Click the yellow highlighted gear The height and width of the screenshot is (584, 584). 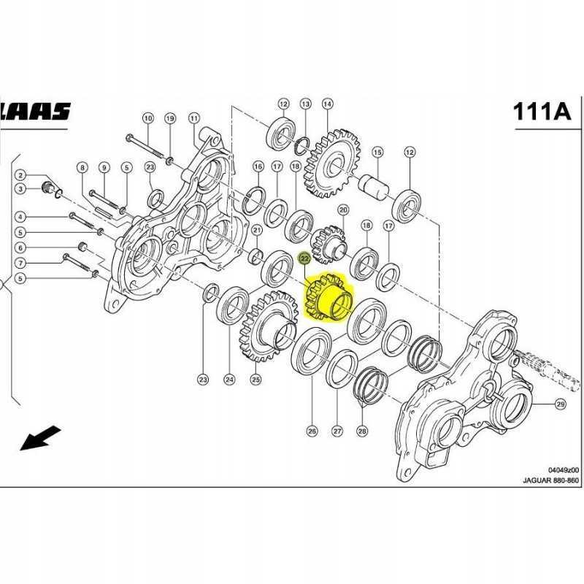click(x=328, y=298)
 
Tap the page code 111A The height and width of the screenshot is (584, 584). click(x=541, y=111)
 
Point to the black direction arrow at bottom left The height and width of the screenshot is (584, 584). click(x=40, y=438)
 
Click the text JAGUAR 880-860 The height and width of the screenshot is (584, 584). click(x=550, y=480)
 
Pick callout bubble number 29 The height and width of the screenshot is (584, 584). click(x=561, y=404)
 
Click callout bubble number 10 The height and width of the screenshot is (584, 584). click(x=147, y=118)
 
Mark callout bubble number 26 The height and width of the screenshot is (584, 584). click(x=312, y=431)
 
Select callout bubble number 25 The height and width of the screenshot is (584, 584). click(x=255, y=379)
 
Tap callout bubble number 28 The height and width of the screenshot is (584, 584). click(x=362, y=431)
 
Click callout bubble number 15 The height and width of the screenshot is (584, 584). click(x=377, y=152)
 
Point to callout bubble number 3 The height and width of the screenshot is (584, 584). click(x=21, y=189)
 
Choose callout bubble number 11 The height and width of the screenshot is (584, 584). click(x=193, y=118)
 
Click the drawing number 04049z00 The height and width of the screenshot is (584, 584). click(x=563, y=469)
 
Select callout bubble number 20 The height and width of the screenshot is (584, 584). click(x=344, y=210)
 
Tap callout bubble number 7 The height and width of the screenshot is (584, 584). click(x=21, y=263)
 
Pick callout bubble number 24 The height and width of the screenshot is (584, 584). click(x=229, y=379)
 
